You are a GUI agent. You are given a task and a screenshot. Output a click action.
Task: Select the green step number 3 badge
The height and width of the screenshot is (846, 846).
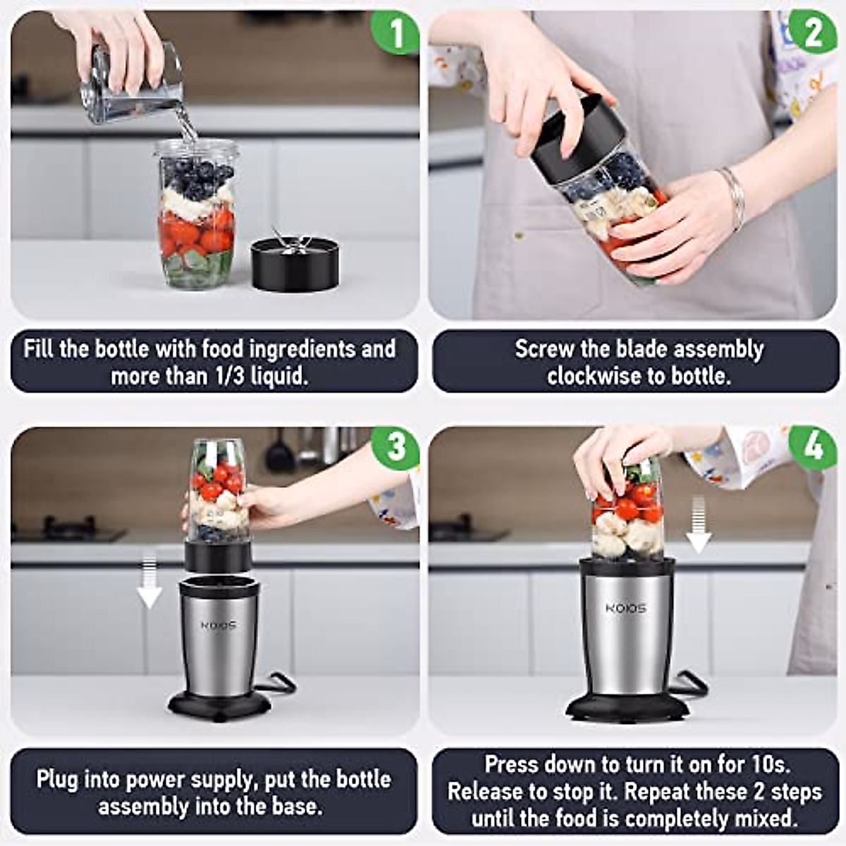tap(395, 448)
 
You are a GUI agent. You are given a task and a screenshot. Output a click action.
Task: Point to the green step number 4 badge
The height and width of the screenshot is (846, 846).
tap(813, 448)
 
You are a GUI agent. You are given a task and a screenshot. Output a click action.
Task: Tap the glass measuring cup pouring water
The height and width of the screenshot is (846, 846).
tap(132, 83)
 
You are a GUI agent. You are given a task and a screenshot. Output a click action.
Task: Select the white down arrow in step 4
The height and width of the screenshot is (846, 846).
tap(698, 525)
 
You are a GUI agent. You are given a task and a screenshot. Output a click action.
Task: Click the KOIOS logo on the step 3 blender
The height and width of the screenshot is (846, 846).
tap(219, 625)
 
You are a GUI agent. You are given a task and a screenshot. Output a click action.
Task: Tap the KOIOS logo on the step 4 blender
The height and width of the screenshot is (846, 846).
tap(626, 608)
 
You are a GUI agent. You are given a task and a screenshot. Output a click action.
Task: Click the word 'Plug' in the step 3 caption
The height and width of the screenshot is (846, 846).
tap(56, 780)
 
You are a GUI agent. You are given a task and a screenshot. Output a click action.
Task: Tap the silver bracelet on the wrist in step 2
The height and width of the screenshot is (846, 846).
tap(733, 198)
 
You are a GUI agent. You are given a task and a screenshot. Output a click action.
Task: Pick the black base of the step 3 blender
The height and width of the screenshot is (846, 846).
tap(219, 705)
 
